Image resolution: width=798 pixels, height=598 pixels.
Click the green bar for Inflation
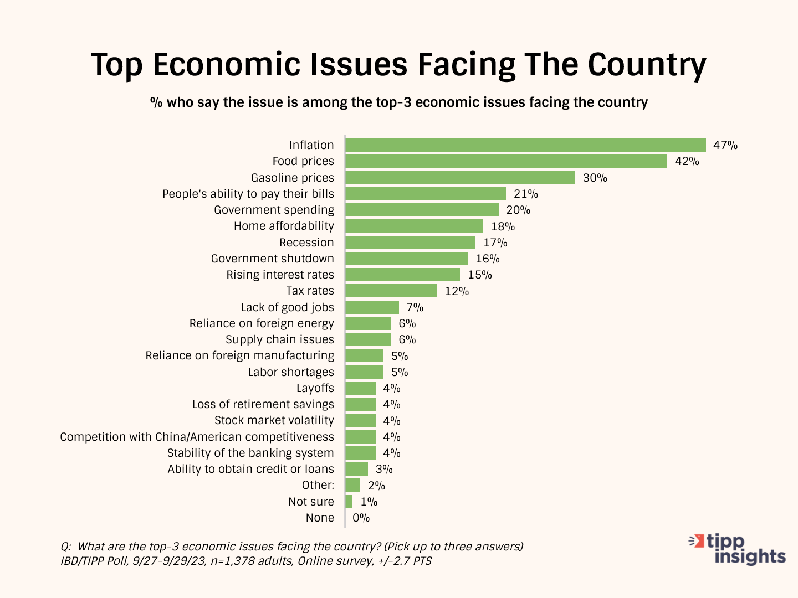coord(525,145)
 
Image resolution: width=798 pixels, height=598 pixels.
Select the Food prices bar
coord(506,161)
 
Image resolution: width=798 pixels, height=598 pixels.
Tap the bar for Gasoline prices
coord(460,178)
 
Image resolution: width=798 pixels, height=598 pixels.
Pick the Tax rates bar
coord(391,291)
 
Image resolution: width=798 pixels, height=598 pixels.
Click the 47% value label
coord(725,146)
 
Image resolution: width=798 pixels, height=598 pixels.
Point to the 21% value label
coord(526,194)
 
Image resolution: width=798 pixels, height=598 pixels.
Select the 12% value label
coord(457,291)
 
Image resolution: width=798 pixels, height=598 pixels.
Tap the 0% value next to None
coord(361,518)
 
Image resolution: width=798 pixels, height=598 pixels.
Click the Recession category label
coord(306,243)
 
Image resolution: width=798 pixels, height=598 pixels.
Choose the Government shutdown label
coord(272,259)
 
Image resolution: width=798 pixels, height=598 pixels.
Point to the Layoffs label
coord(315,388)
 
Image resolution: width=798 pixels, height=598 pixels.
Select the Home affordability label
coord(284,226)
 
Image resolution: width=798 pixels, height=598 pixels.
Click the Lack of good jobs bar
coord(372,307)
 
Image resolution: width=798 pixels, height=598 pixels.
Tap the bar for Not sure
coord(349,502)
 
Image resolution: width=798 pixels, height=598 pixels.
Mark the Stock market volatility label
coord(274,420)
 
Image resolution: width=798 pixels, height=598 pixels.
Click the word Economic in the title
coord(226,65)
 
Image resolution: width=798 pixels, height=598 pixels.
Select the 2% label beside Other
coord(376,486)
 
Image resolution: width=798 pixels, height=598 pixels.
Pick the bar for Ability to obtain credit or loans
coord(356,469)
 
